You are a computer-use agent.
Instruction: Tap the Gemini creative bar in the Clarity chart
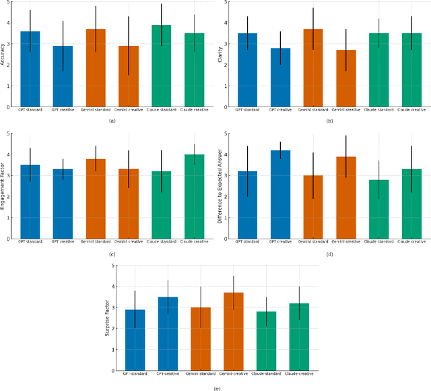[346, 78]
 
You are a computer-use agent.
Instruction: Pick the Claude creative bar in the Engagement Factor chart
[195, 196]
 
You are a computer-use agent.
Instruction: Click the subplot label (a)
[111, 120]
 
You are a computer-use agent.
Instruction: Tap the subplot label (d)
[329, 253]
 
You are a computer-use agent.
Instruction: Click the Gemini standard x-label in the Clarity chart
[313, 109]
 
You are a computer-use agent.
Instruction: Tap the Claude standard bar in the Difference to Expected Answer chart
[379, 209]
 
